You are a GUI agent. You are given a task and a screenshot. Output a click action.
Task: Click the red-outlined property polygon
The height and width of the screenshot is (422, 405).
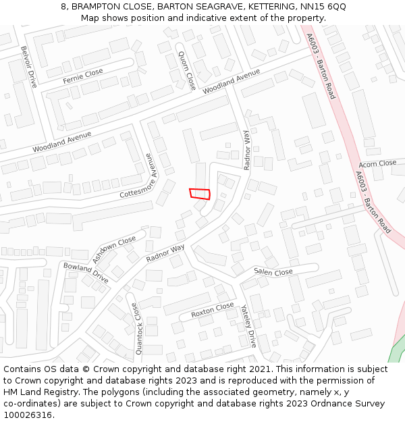click(x=200, y=194)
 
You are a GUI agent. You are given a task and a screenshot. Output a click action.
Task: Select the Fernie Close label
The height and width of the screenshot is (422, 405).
click(x=83, y=76)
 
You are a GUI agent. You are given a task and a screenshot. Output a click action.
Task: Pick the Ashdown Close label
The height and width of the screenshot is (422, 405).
click(x=113, y=250)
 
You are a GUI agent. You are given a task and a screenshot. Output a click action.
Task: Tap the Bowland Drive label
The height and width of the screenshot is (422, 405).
click(x=86, y=273)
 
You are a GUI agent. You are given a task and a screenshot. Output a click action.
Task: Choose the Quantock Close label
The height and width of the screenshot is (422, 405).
click(x=138, y=329)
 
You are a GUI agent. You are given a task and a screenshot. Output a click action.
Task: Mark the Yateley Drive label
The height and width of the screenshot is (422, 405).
click(x=248, y=325)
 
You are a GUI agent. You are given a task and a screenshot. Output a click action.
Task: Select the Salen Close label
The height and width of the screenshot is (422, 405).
click(x=273, y=271)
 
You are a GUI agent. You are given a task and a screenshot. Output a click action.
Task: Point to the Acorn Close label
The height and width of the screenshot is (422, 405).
click(x=377, y=163)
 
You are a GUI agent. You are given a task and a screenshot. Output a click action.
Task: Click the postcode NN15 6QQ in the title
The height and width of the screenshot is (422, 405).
click(x=323, y=6)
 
